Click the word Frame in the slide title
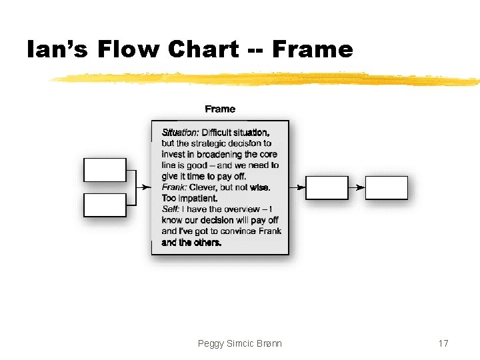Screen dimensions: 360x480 tap(313, 49)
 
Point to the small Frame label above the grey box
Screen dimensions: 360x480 tap(220, 109)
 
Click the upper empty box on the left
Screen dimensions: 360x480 tap(105, 170)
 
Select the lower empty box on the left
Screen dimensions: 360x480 tap(105, 205)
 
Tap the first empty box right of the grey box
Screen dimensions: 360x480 tap(327, 188)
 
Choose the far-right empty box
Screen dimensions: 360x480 tap(387, 188)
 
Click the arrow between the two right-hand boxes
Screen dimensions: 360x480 tap(357, 188)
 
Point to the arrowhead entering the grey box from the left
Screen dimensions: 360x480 tap(147, 188)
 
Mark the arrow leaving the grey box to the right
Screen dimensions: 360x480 tap(297, 188)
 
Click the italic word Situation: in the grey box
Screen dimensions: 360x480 tap(180, 132)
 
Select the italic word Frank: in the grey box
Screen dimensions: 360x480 tap(175, 187)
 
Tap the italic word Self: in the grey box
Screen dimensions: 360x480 tap(170, 209)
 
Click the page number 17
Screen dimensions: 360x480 tap(443, 343)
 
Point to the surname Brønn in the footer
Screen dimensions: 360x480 tap(268, 343)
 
